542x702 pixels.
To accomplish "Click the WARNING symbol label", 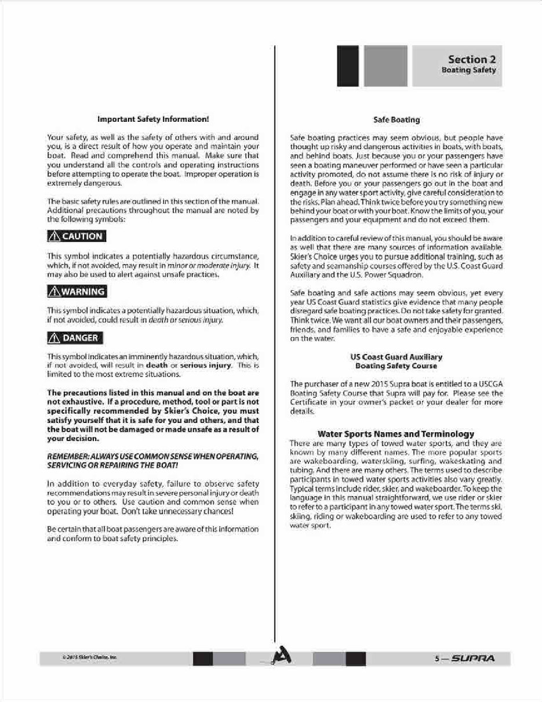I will pos(77,292).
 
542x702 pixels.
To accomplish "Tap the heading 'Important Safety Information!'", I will pos(153,120).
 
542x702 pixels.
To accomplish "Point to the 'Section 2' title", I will pos(471,59).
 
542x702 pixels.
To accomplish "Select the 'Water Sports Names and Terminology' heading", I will pos(396,433).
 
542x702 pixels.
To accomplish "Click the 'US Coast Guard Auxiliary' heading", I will pos(397,357).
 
